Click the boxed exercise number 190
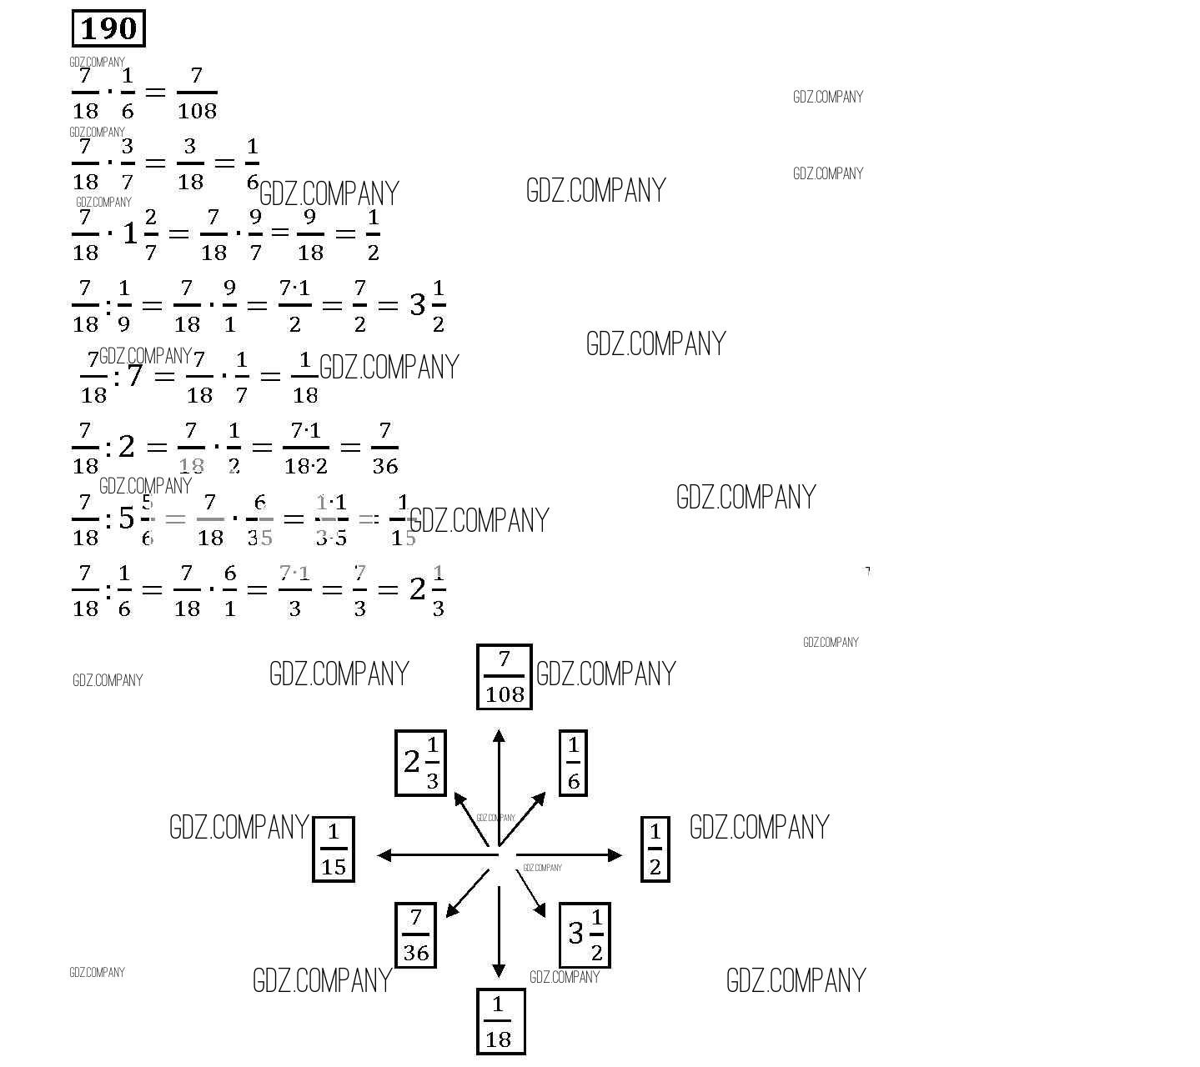pyautogui.click(x=108, y=29)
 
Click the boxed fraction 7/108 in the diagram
pyautogui.click(x=504, y=677)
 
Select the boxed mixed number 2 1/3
pyautogui.click(x=420, y=762)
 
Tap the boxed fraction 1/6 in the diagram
pyautogui.click(x=573, y=762)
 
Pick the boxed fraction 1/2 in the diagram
pyautogui.click(x=655, y=849)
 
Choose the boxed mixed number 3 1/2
pyautogui.click(x=585, y=934)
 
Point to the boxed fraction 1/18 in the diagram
pyautogui.click(x=500, y=1021)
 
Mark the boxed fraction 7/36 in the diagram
pyautogui.click(x=415, y=934)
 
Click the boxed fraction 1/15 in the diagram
pyautogui.click(x=334, y=849)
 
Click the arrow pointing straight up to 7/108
pyautogui.click(x=499, y=784)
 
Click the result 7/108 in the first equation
pyautogui.click(x=197, y=93)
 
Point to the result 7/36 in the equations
pyautogui.click(x=384, y=448)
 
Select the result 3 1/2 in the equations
pyautogui.click(x=428, y=305)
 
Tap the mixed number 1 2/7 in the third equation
pyautogui.click(x=139, y=234)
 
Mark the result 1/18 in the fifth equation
pyautogui.click(x=304, y=377)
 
